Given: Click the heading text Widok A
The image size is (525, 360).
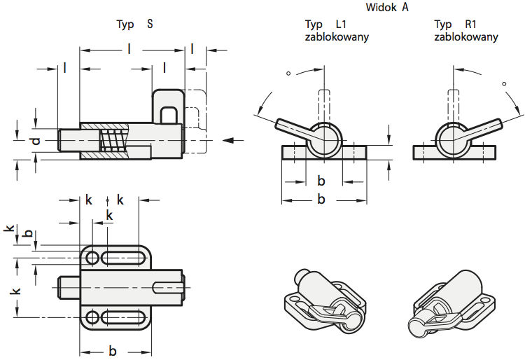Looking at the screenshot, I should [x=386, y=8].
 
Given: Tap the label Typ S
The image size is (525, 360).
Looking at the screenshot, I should [x=134, y=24].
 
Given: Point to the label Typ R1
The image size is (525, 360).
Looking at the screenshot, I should [x=456, y=24].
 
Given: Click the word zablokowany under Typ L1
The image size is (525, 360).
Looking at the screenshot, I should [x=337, y=36].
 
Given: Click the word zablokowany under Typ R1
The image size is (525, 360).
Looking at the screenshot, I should [x=466, y=36].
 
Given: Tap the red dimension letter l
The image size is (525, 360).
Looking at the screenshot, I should [x=164, y=68].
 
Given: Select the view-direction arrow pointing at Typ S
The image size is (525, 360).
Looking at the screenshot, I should [x=233, y=140].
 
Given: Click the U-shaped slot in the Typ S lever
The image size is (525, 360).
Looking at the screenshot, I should [x=169, y=113].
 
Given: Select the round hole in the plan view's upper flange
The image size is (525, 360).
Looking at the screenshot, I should [x=92, y=258].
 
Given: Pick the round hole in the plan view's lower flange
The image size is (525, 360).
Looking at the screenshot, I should [x=92, y=317].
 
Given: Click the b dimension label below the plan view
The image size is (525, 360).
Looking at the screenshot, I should [x=112, y=351].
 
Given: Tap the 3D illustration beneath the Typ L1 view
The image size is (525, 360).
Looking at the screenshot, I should [x=326, y=300].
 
